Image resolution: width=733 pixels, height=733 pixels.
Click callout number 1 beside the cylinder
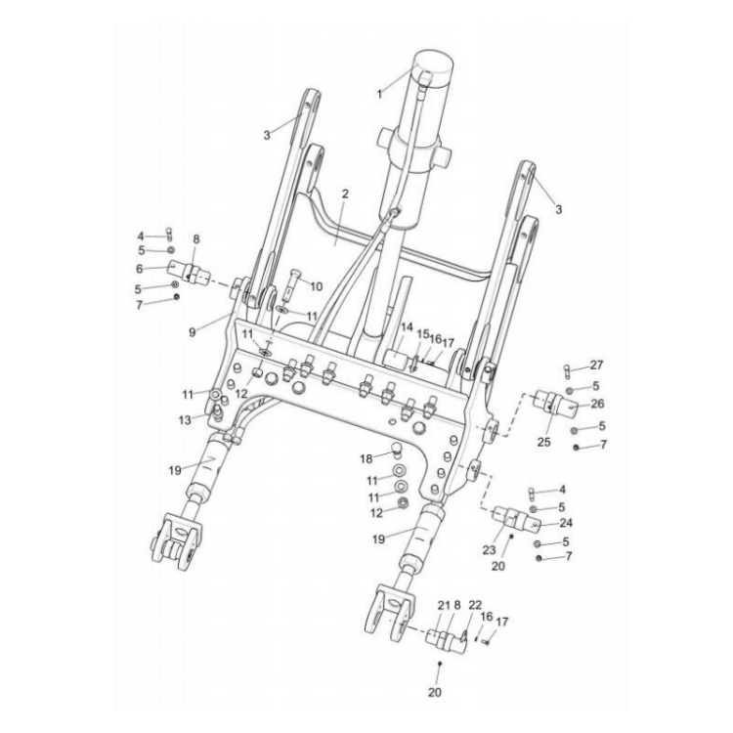click(379, 94)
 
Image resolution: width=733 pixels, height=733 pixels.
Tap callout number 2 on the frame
click(344, 195)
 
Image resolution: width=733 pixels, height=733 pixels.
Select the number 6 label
click(140, 268)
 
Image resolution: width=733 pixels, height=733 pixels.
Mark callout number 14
click(407, 329)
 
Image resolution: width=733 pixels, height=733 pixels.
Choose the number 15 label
click(422, 335)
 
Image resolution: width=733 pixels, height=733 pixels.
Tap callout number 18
click(365, 458)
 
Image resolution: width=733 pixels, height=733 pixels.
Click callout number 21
click(442, 607)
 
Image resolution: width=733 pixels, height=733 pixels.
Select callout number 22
click(475, 607)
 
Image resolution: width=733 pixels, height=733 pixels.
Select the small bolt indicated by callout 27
click(568, 369)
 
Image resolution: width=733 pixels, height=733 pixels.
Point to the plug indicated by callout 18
click(397, 451)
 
